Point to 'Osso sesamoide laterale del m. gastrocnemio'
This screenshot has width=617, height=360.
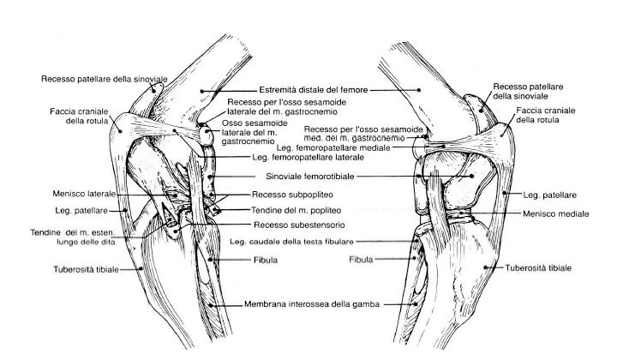(244, 134)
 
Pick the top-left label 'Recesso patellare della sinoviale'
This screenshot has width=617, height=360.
(104, 78)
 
